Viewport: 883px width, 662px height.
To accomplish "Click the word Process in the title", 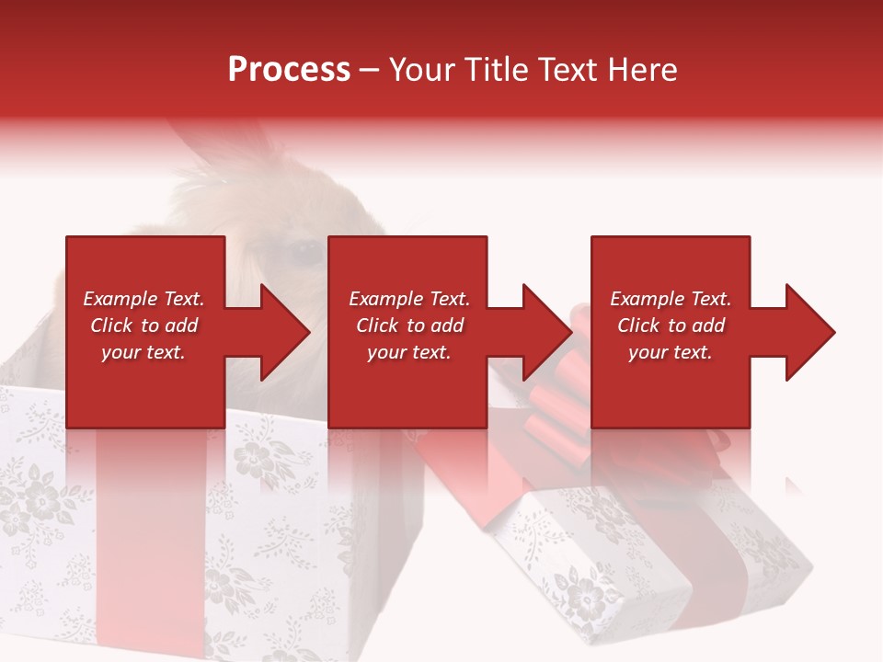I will tap(289, 70).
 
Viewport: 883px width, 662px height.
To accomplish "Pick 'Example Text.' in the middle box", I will tap(408, 299).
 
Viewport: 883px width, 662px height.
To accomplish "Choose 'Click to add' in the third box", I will tap(671, 325).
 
